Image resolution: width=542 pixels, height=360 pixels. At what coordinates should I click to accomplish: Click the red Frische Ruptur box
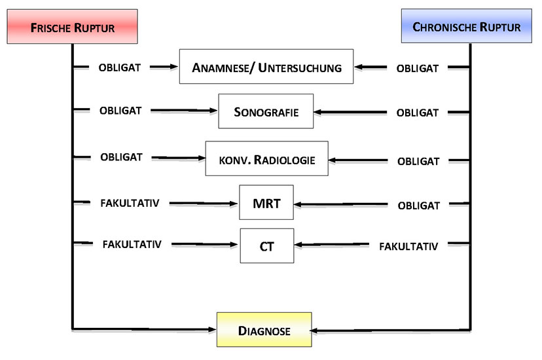coord(72,27)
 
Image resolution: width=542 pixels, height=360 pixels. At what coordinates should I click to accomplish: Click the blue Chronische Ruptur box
coord(466,27)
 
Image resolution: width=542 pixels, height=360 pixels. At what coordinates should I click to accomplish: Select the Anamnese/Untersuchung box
coord(266,67)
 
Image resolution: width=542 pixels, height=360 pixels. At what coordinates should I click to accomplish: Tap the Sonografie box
coord(266,111)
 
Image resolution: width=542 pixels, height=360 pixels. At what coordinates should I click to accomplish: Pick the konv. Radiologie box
coord(266,158)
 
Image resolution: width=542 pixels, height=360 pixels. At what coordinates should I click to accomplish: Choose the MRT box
coord(266,203)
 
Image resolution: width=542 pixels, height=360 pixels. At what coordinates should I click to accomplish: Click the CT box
coord(266,245)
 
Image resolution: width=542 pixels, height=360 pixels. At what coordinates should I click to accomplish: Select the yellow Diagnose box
coord(264,331)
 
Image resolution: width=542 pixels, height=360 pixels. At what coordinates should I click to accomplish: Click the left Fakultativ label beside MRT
coord(130,203)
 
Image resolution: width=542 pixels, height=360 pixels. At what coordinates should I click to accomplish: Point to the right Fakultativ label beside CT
coord(408,246)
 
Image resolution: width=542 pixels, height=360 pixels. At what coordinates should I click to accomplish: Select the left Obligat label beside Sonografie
coord(120,111)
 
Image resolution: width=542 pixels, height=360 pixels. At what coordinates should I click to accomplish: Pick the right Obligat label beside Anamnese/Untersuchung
coord(418,67)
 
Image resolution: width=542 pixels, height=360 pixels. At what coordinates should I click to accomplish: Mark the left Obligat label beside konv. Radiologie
coord(122,157)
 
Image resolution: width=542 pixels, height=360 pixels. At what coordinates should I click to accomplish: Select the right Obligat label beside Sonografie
coord(418,113)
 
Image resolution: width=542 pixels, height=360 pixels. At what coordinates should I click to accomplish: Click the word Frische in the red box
coord(53,27)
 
